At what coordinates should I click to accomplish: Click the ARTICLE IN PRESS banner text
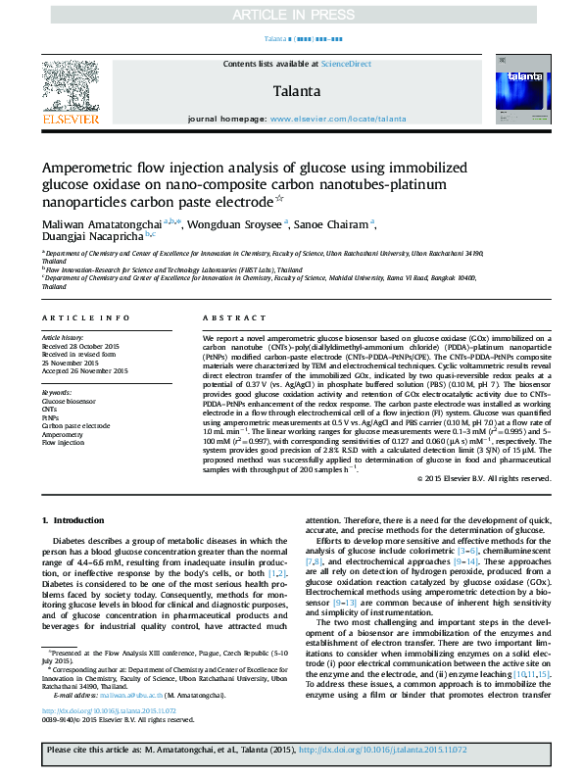291,15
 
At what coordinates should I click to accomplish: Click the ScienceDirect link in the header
347,64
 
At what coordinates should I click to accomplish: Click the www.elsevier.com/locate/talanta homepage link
337,119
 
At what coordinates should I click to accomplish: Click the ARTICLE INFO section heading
85,318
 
